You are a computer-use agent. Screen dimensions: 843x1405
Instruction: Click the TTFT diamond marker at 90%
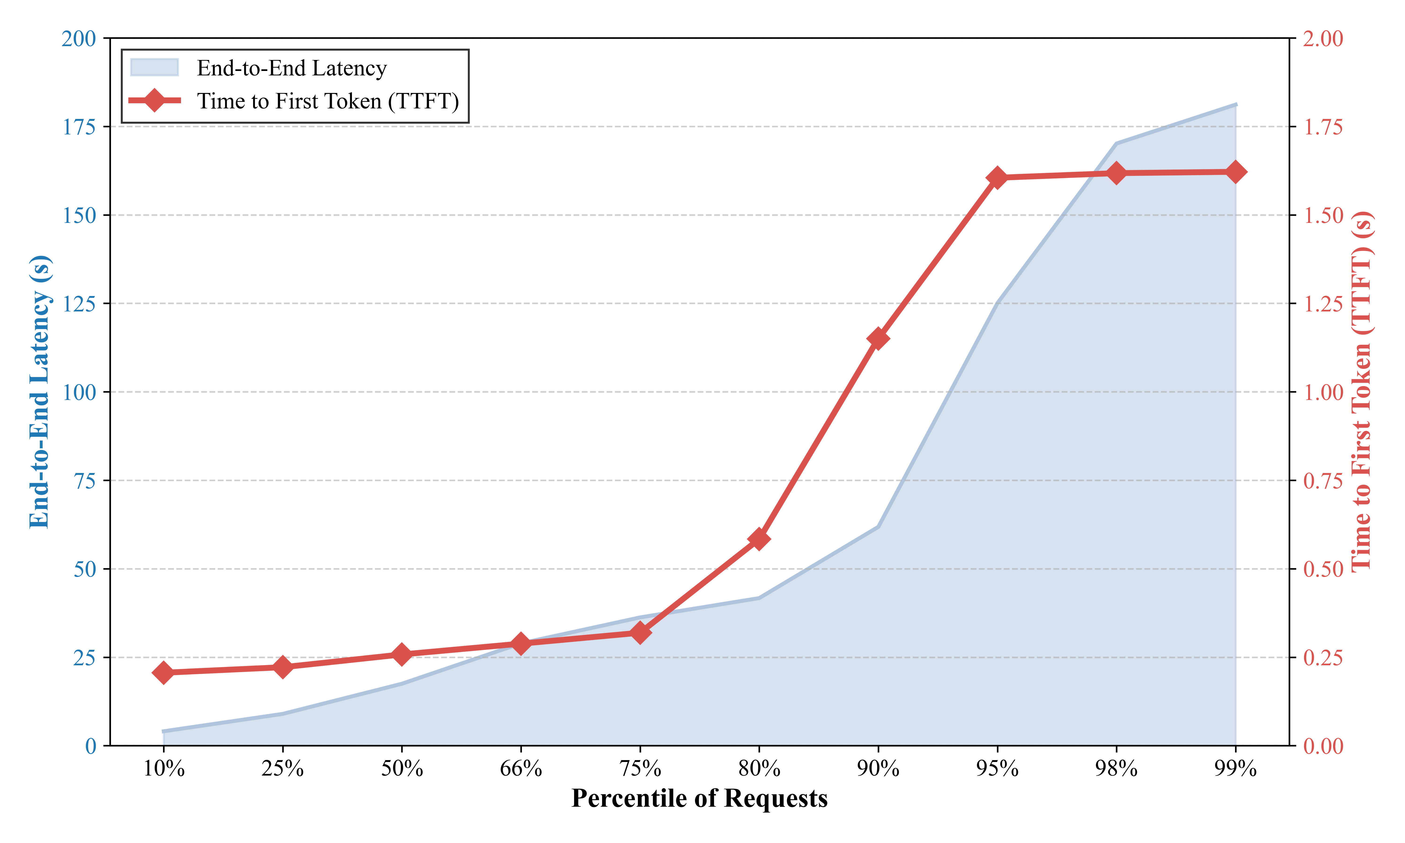pyautogui.click(x=878, y=339)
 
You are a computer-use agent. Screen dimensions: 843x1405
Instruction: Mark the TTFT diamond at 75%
pyautogui.click(x=640, y=633)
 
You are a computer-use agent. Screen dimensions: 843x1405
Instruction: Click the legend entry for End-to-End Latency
pyautogui.click(x=291, y=68)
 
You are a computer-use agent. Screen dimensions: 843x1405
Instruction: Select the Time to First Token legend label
pyautogui.click(x=328, y=101)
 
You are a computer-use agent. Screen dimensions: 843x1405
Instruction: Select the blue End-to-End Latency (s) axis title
pyautogui.click(x=40, y=392)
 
